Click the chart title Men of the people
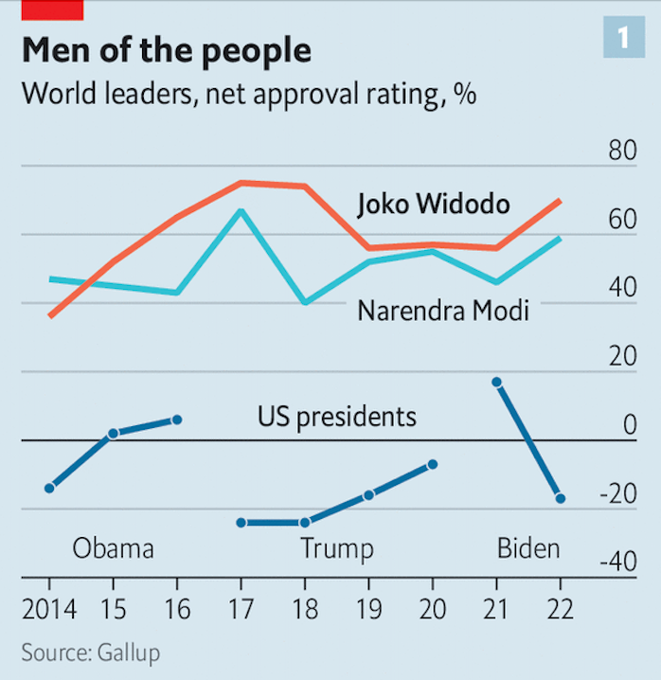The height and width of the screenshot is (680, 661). (166, 50)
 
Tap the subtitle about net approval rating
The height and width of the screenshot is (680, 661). (248, 95)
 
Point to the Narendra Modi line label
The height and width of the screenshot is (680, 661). (442, 311)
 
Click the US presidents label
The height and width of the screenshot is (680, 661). (336, 416)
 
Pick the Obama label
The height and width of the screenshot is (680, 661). (114, 549)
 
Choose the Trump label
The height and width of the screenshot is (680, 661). (337, 549)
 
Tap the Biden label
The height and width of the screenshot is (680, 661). (528, 549)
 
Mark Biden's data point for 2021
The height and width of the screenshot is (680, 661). (496, 382)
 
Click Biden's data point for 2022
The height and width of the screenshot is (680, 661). (560, 498)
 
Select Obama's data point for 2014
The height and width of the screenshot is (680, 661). (49, 488)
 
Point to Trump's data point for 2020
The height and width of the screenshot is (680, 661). (433, 464)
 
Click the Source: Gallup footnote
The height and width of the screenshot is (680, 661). (90, 653)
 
